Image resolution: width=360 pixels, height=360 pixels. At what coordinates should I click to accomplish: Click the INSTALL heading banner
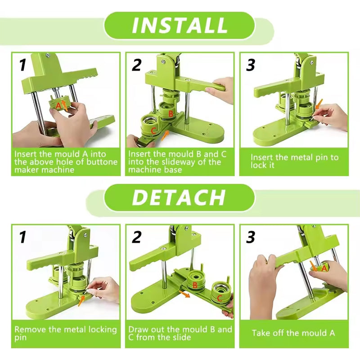coord(180,26)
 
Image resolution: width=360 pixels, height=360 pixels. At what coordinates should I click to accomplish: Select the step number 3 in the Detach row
coord(251,237)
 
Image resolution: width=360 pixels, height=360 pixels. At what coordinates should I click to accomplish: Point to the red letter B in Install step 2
coord(171,114)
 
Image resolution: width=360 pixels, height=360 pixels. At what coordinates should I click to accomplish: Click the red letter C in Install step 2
coord(153,130)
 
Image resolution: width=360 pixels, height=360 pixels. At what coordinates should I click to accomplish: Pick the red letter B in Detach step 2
coord(195,284)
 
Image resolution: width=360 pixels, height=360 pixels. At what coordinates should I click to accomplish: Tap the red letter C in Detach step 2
coord(219,298)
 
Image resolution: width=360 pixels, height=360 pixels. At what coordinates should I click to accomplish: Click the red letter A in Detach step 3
coord(324,268)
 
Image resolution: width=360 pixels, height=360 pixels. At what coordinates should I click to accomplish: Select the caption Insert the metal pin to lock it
coord(294,161)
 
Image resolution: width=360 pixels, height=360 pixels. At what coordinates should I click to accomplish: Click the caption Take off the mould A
coord(293,333)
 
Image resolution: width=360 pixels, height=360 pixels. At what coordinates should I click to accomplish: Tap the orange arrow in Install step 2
coord(166,134)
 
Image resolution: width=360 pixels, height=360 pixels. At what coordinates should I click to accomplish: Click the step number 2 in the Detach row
coord(137,237)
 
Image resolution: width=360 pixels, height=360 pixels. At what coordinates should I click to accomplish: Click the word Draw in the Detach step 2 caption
coord(138,329)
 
